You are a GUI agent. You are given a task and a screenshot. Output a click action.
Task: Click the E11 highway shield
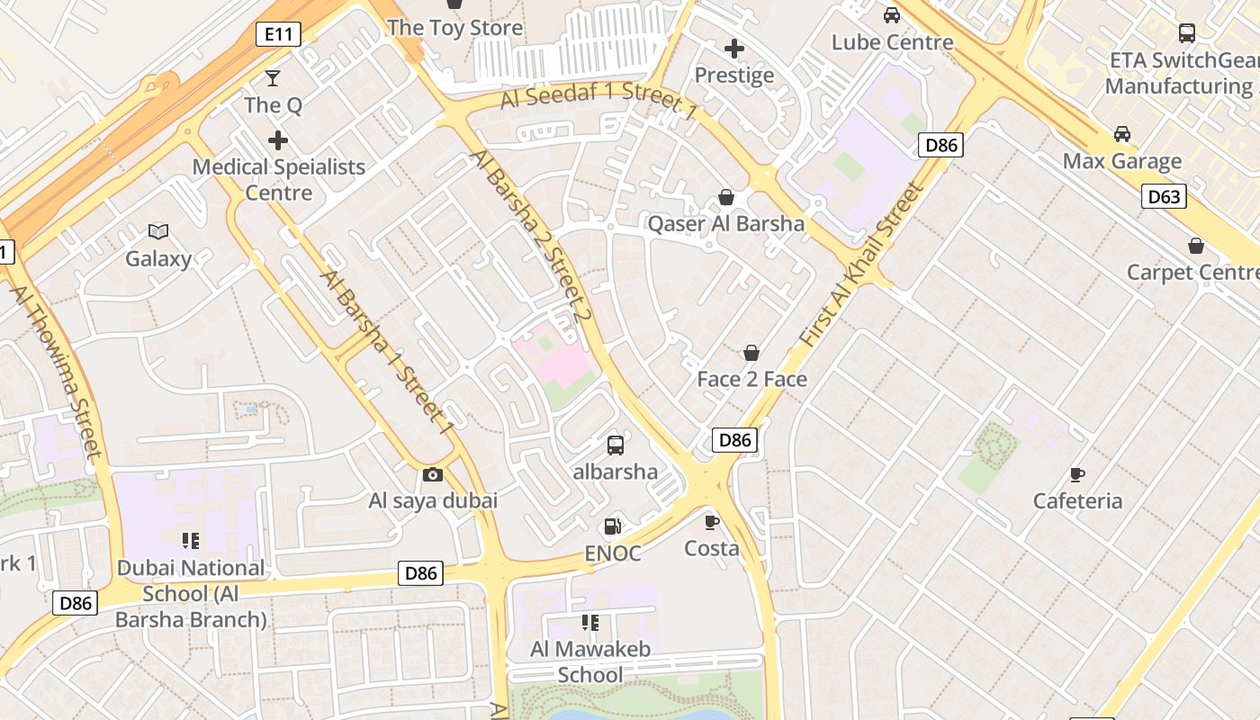pos(278,34)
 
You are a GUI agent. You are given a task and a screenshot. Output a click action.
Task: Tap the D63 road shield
pos(1164,196)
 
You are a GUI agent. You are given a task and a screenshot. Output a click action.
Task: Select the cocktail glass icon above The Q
pos(273,78)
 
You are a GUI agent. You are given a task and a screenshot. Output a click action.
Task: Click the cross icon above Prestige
pos(734,48)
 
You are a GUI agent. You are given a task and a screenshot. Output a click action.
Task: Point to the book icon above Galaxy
pos(158,231)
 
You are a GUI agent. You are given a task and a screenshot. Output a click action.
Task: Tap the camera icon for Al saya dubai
pos(433,474)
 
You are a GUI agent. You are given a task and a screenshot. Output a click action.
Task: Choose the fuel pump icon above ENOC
pos(612,526)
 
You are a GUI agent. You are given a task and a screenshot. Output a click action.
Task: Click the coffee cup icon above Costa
pos(711,521)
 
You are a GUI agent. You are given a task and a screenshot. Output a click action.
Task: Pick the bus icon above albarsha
pos(616,445)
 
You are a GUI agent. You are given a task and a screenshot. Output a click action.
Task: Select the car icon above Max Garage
pos(1122,134)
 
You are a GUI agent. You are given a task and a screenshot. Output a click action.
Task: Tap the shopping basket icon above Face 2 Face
pos(751,353)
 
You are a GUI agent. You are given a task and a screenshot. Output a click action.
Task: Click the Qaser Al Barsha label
pos(726,223)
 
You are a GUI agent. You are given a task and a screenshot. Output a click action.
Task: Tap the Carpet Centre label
pos(1192,272)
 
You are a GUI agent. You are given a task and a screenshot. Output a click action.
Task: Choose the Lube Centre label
pos(892,42)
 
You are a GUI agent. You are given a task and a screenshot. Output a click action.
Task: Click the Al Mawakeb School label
pos(590,661)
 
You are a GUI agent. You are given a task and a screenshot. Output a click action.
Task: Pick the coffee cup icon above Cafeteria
pos(1077,474)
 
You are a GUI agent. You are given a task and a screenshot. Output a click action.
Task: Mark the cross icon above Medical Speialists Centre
pos(278,139)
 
